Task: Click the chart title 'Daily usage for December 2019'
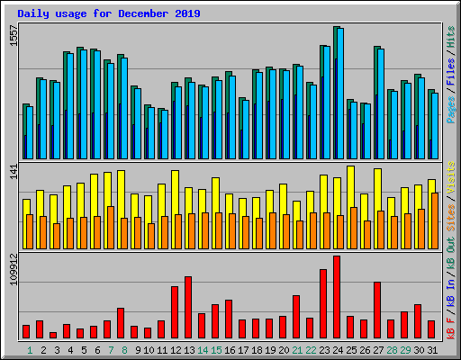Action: point(109,14)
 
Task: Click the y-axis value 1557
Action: point(13,37)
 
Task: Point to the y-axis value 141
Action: point(13,174)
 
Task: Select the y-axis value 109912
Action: point(13,270)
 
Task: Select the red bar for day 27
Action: point(377,310)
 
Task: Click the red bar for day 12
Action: point(175,311)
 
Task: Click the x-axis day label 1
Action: point(30,349)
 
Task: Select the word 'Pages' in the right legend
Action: point(450,109)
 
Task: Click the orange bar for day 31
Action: point(435,220)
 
